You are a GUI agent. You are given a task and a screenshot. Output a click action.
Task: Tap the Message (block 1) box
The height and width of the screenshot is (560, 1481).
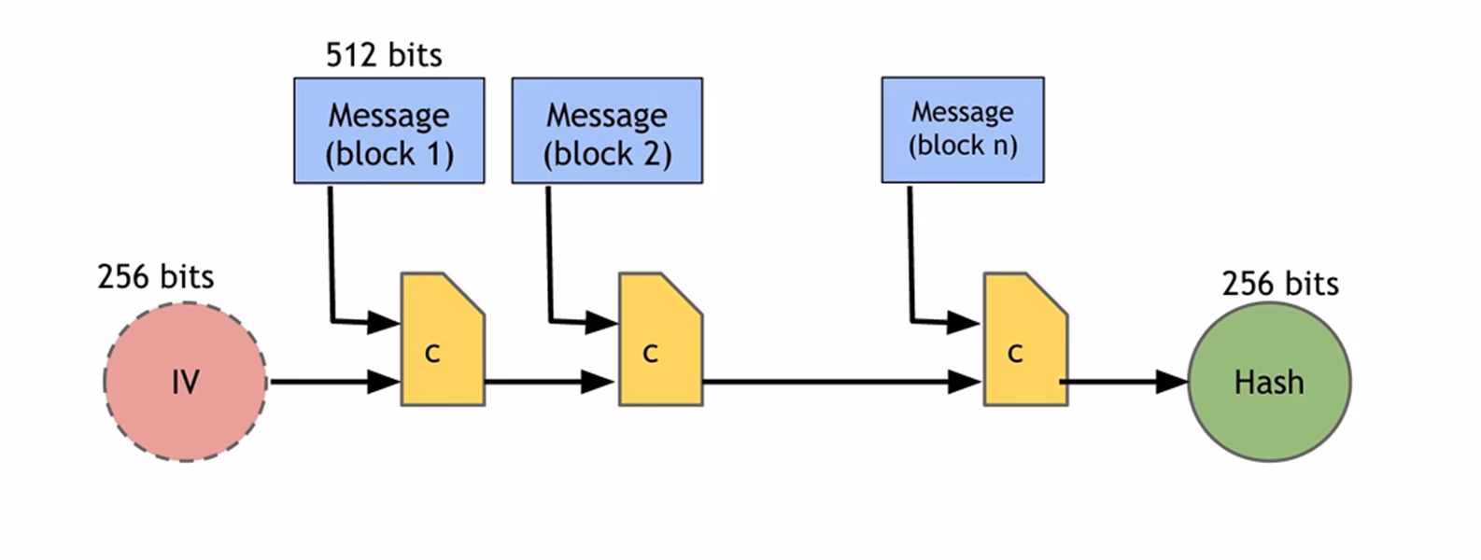(388, 131)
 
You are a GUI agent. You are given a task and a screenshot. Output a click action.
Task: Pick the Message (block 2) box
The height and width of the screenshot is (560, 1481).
(607, 131)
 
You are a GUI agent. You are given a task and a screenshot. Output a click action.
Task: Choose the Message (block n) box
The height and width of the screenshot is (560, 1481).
(963, 130)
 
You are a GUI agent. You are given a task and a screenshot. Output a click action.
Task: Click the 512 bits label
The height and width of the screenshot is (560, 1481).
(384, 55)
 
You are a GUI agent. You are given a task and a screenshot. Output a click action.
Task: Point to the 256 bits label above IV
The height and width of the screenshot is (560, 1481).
(156, 277)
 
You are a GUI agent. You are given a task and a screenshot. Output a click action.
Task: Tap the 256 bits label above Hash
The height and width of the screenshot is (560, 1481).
(1280, 283)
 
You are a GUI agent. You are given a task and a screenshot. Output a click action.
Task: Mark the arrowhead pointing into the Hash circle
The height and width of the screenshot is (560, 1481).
(1171, 382)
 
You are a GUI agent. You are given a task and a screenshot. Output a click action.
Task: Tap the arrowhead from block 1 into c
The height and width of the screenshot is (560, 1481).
(383, 323)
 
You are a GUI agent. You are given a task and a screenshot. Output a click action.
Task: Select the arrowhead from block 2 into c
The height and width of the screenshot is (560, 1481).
(601, 323)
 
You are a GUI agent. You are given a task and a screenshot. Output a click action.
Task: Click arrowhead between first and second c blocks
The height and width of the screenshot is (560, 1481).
(598, 382)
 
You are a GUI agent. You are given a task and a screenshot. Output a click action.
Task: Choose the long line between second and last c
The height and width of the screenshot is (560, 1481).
(822, 382)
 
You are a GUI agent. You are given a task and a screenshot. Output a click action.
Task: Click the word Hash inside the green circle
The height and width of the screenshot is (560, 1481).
(1268, 383)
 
